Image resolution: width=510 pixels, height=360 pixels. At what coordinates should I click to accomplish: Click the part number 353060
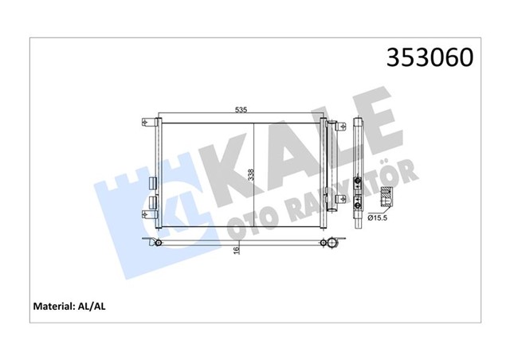430,59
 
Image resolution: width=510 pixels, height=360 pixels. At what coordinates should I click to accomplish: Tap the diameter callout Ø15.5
380,217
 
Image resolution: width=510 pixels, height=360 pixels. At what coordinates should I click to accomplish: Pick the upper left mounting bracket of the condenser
147,123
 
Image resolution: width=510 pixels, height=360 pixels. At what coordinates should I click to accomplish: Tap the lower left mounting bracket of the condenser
147,214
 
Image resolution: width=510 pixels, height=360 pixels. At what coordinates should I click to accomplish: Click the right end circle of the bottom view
323,241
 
